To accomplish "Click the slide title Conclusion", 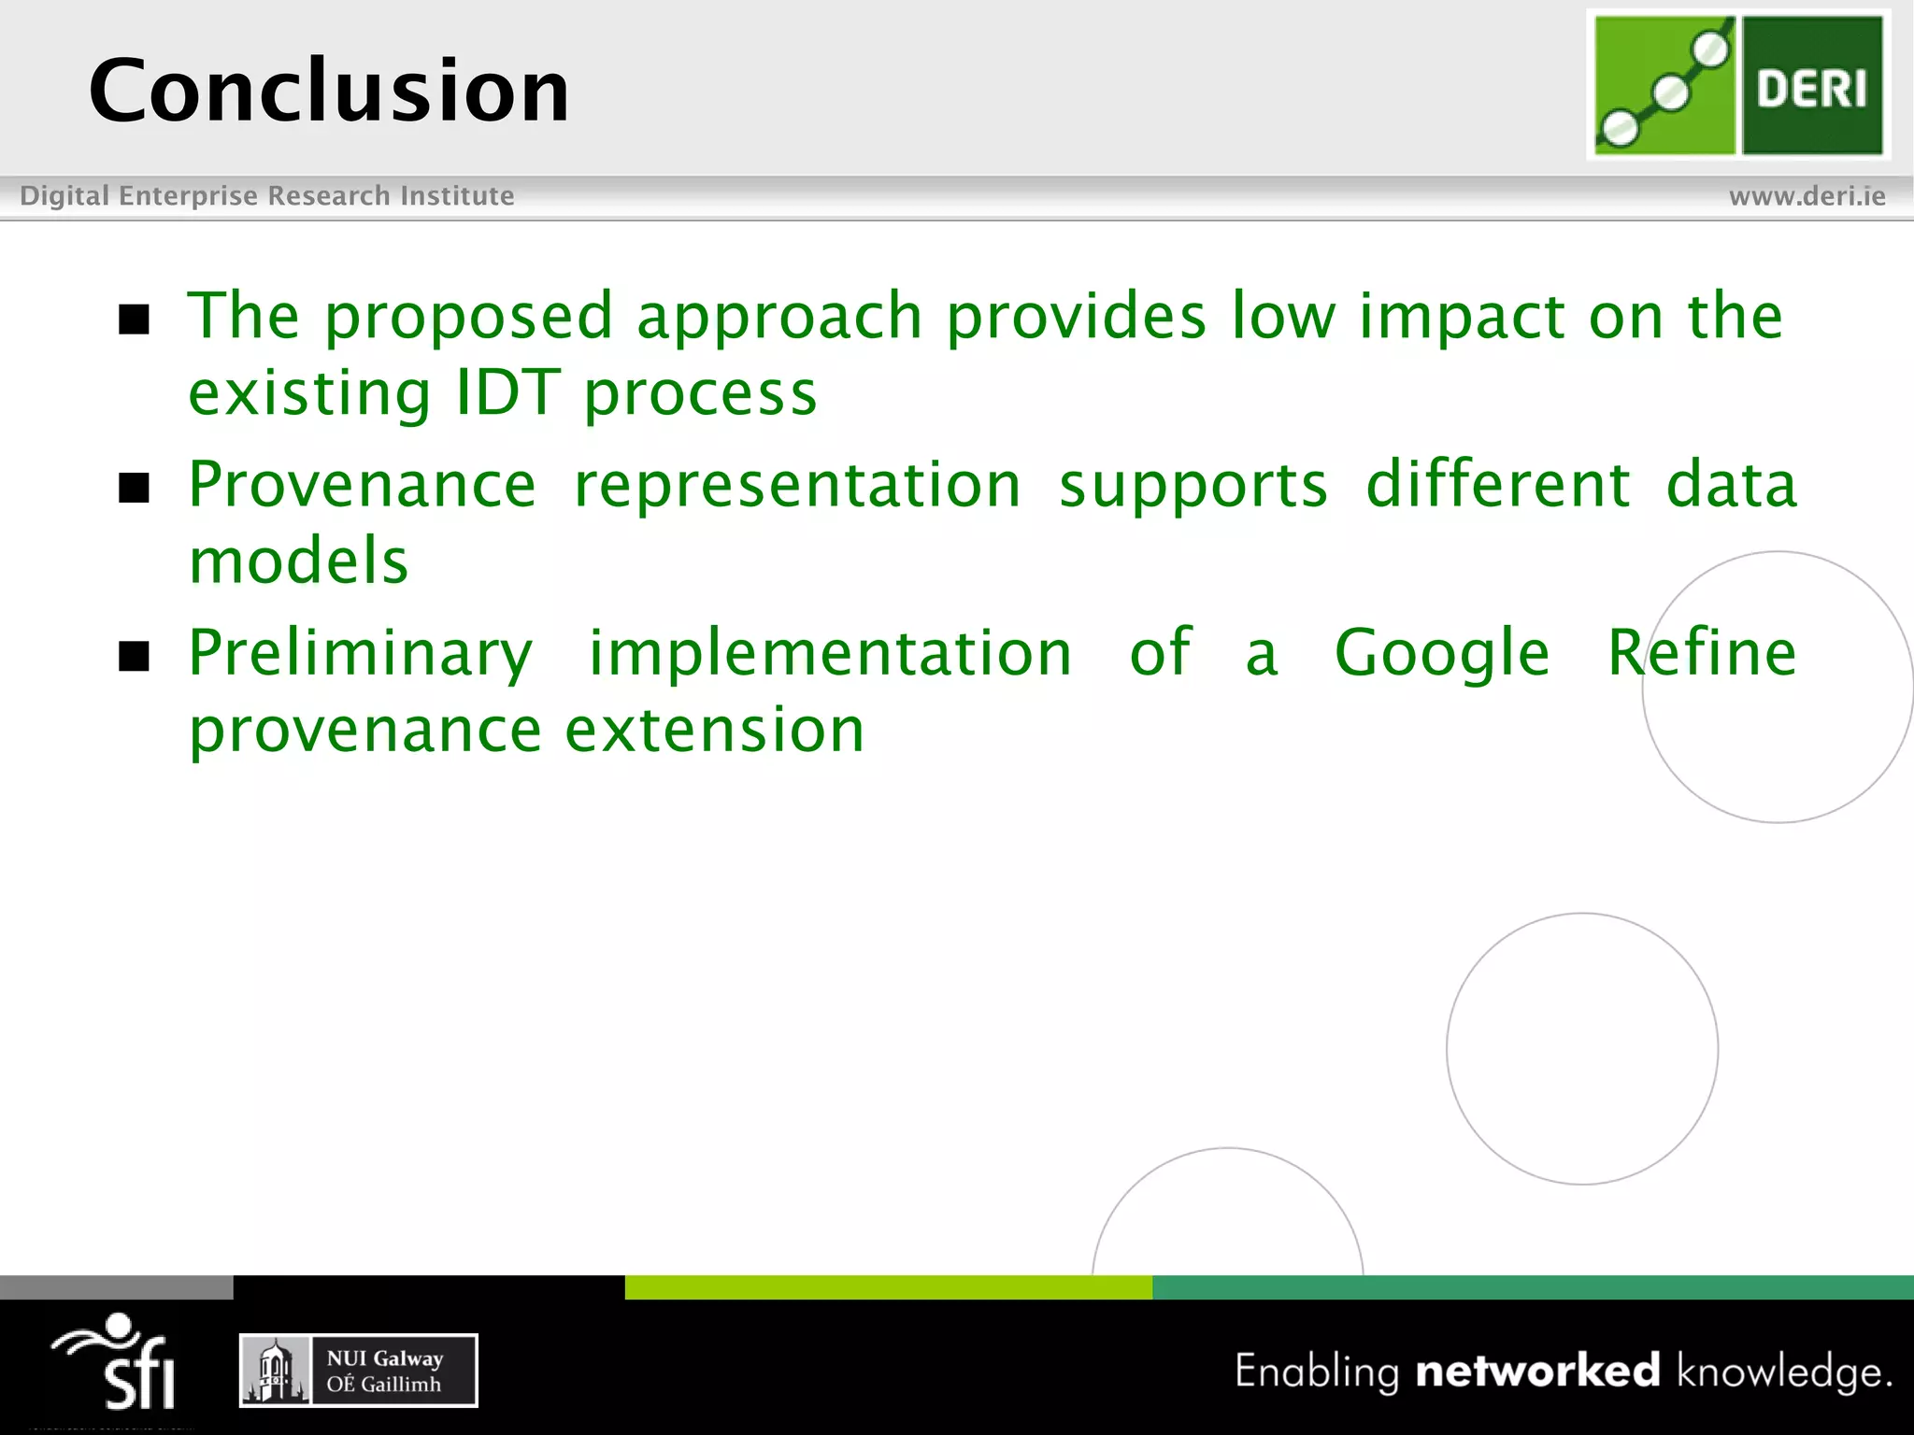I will click(329, 91).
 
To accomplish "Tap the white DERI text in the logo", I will click(1810, 90).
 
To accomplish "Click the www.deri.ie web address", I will click(1807, 196).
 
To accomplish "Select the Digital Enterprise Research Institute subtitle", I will click(267, 196).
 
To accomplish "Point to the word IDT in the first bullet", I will click(507, 392).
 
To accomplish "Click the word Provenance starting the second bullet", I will click(363, 486).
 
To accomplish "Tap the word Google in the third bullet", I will click(1441, 654).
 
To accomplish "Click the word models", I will click(299, 561).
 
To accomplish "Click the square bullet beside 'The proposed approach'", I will click(135, 320).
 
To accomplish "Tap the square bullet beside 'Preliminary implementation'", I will click(135, 657).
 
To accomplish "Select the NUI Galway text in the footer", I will click(384, 1358).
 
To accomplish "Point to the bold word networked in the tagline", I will click(1537, 1371).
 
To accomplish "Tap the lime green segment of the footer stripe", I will click(888, 1287).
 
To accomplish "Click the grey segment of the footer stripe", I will click(116, 1287).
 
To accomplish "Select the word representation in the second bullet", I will click(797, 486).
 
